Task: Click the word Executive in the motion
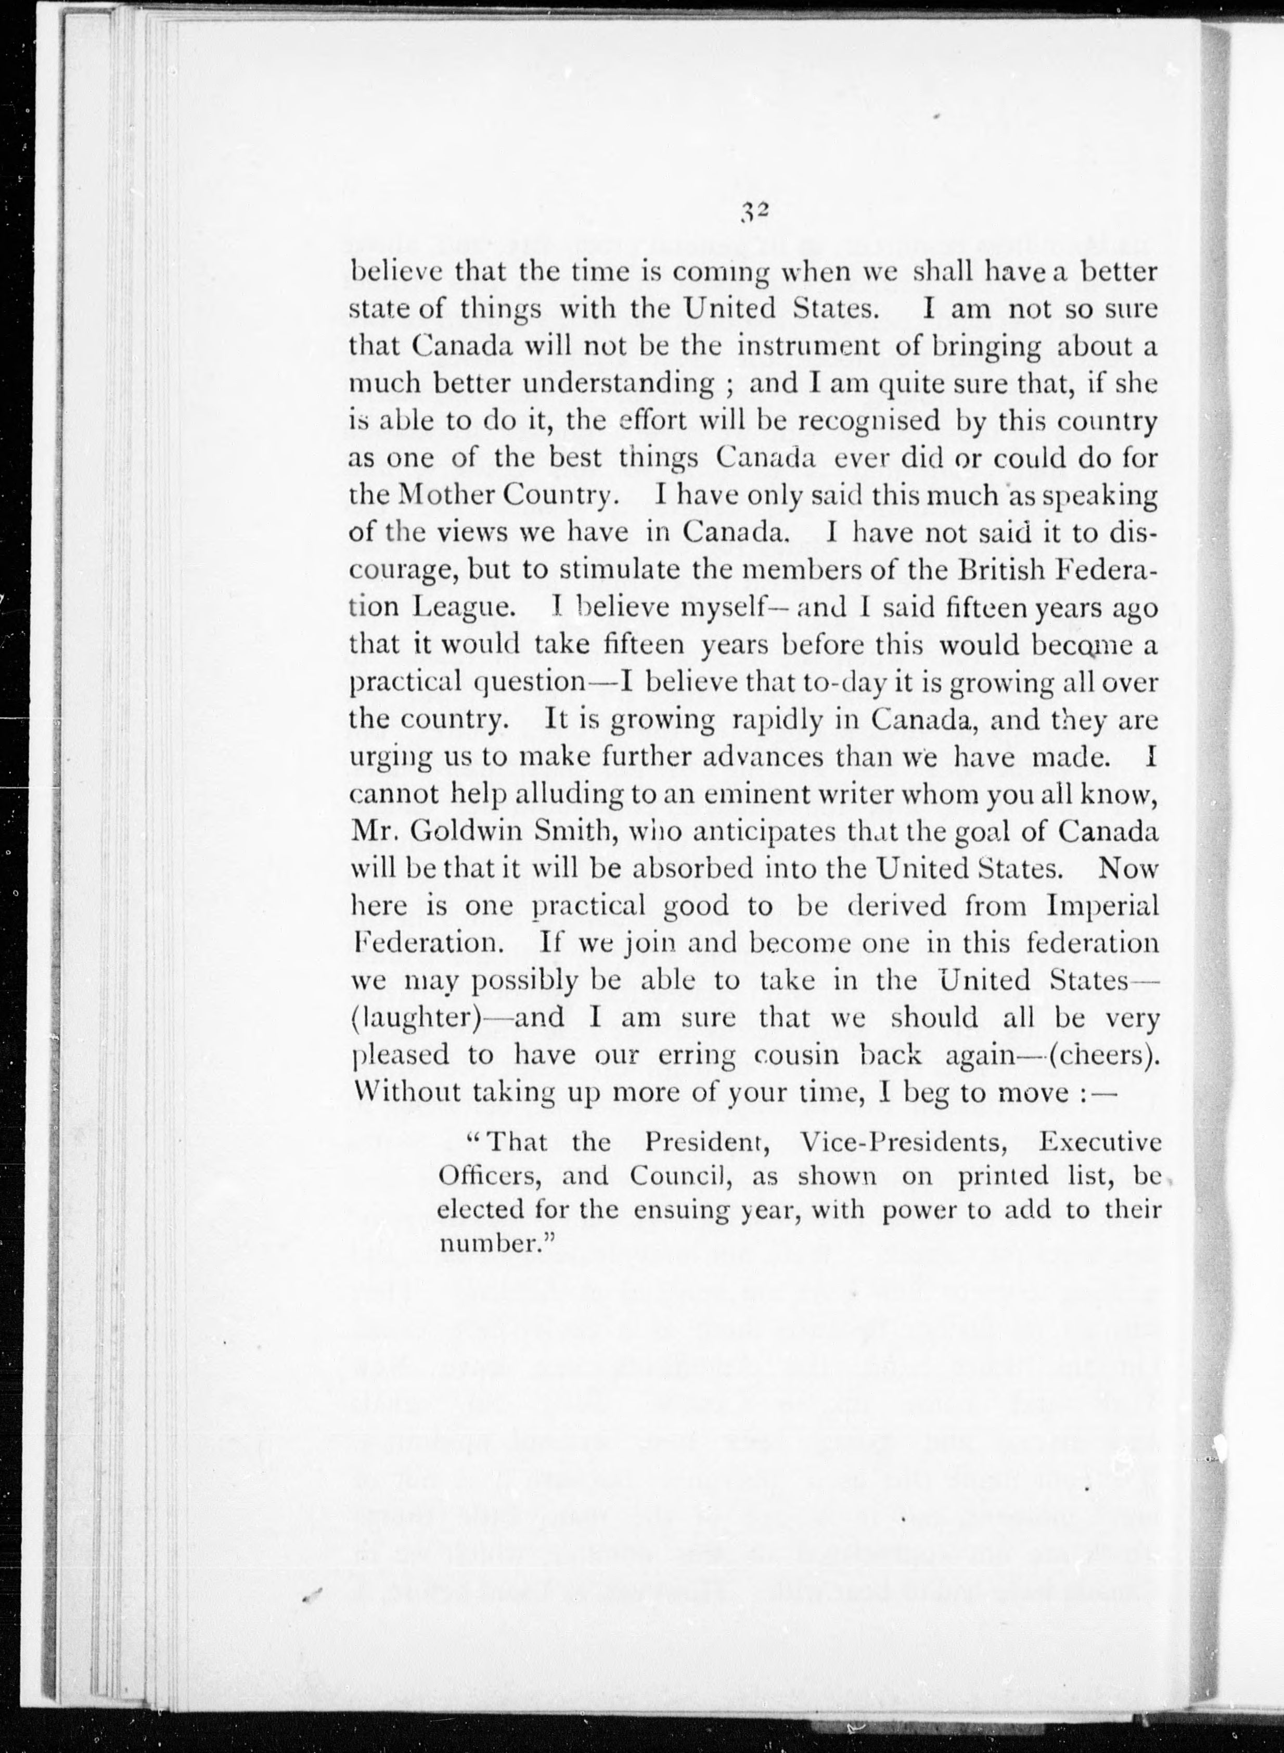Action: point(1100,1142)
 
